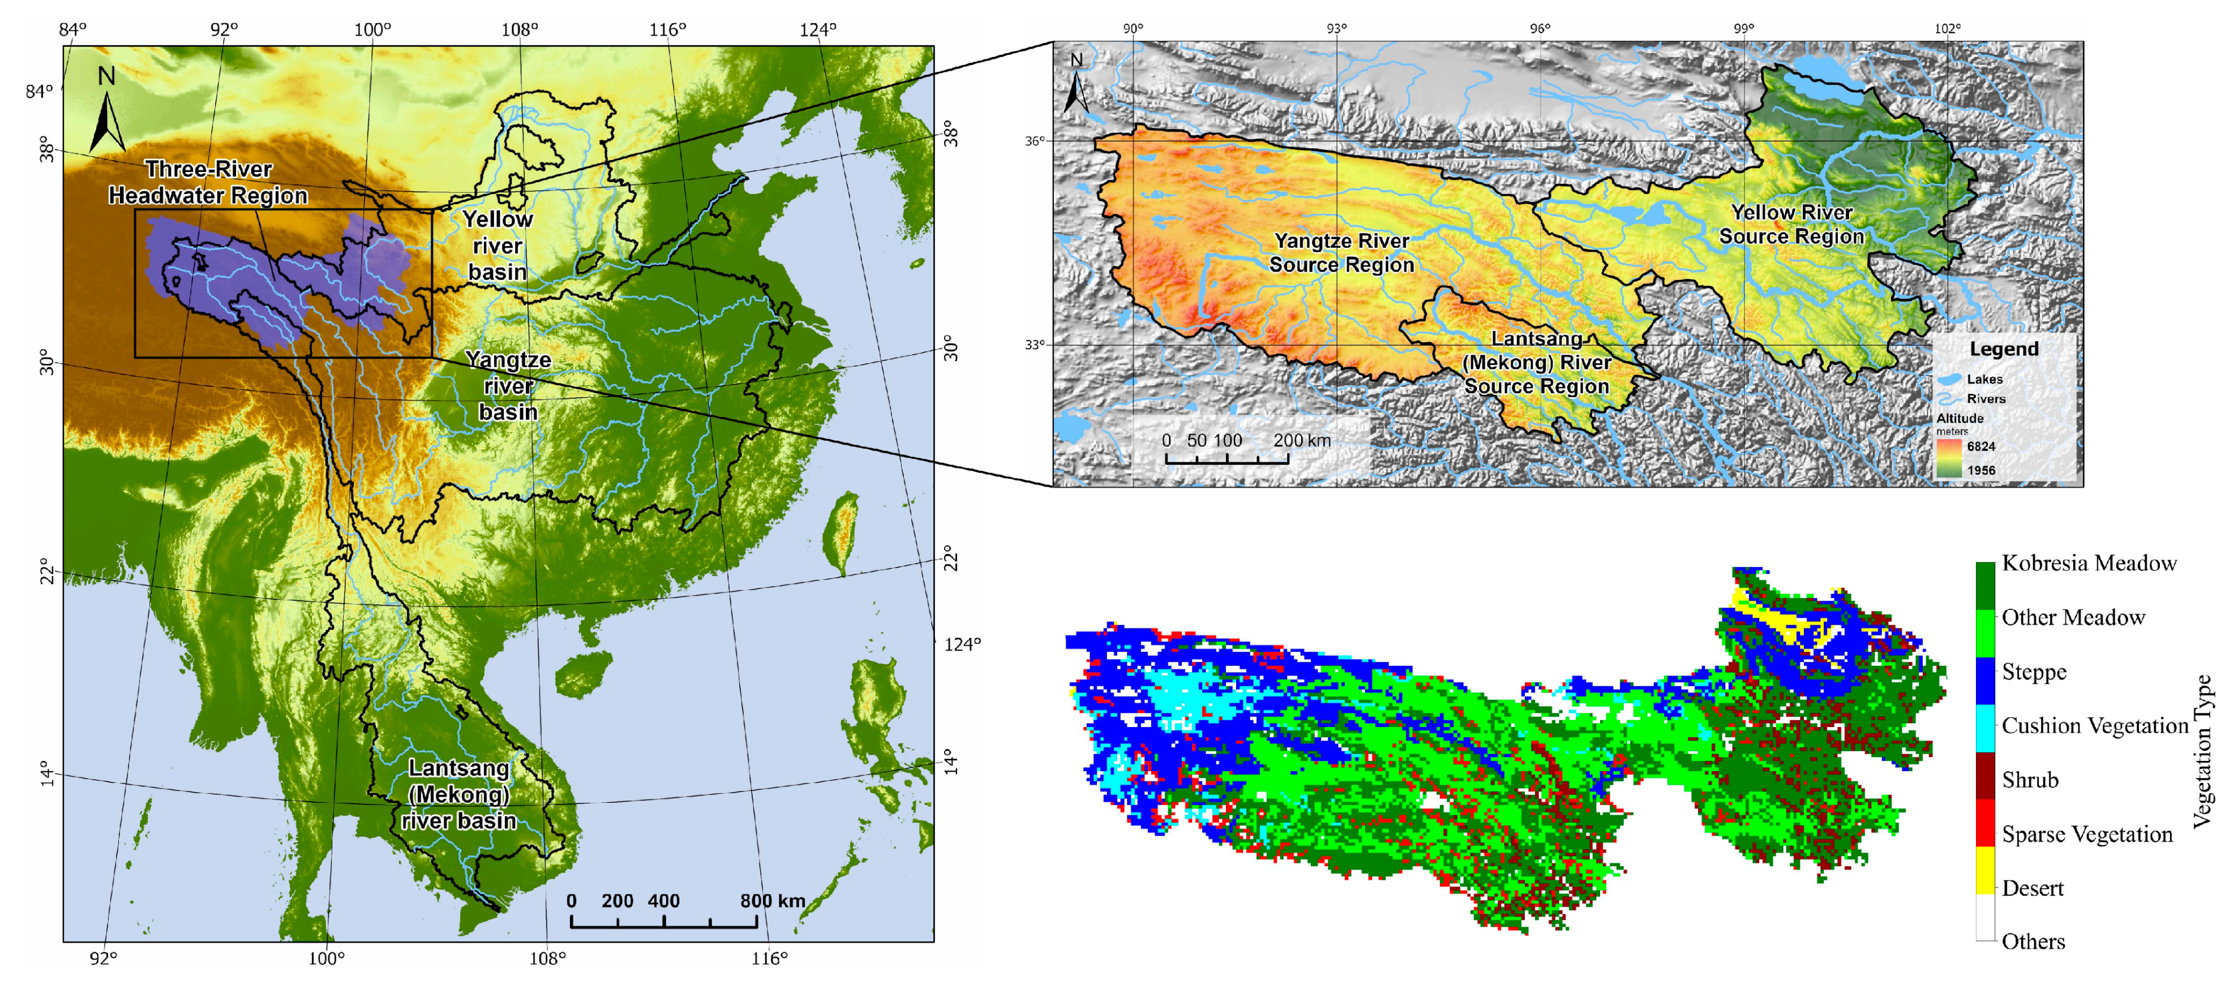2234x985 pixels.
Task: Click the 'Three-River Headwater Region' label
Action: point(208,182)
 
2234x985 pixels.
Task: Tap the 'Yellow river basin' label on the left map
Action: point(497,246)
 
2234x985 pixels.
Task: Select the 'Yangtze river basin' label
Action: point(508,386)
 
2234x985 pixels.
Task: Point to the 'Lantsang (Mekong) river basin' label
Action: point(459,794)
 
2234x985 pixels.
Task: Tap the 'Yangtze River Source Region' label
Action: point(1341,252)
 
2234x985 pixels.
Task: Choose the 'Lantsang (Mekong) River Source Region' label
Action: point(1536,363)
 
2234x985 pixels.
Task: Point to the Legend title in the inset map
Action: point(2003,350)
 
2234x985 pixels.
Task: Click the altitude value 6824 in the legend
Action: point(1981,446)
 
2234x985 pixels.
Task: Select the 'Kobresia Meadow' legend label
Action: point(2089,564)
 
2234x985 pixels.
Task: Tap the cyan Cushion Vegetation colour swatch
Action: point(1985,726)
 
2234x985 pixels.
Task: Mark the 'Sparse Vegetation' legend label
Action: point(2087,834)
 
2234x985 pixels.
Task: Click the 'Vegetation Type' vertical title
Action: point(2203,751)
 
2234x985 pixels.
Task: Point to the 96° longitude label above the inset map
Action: point(1540,29)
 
